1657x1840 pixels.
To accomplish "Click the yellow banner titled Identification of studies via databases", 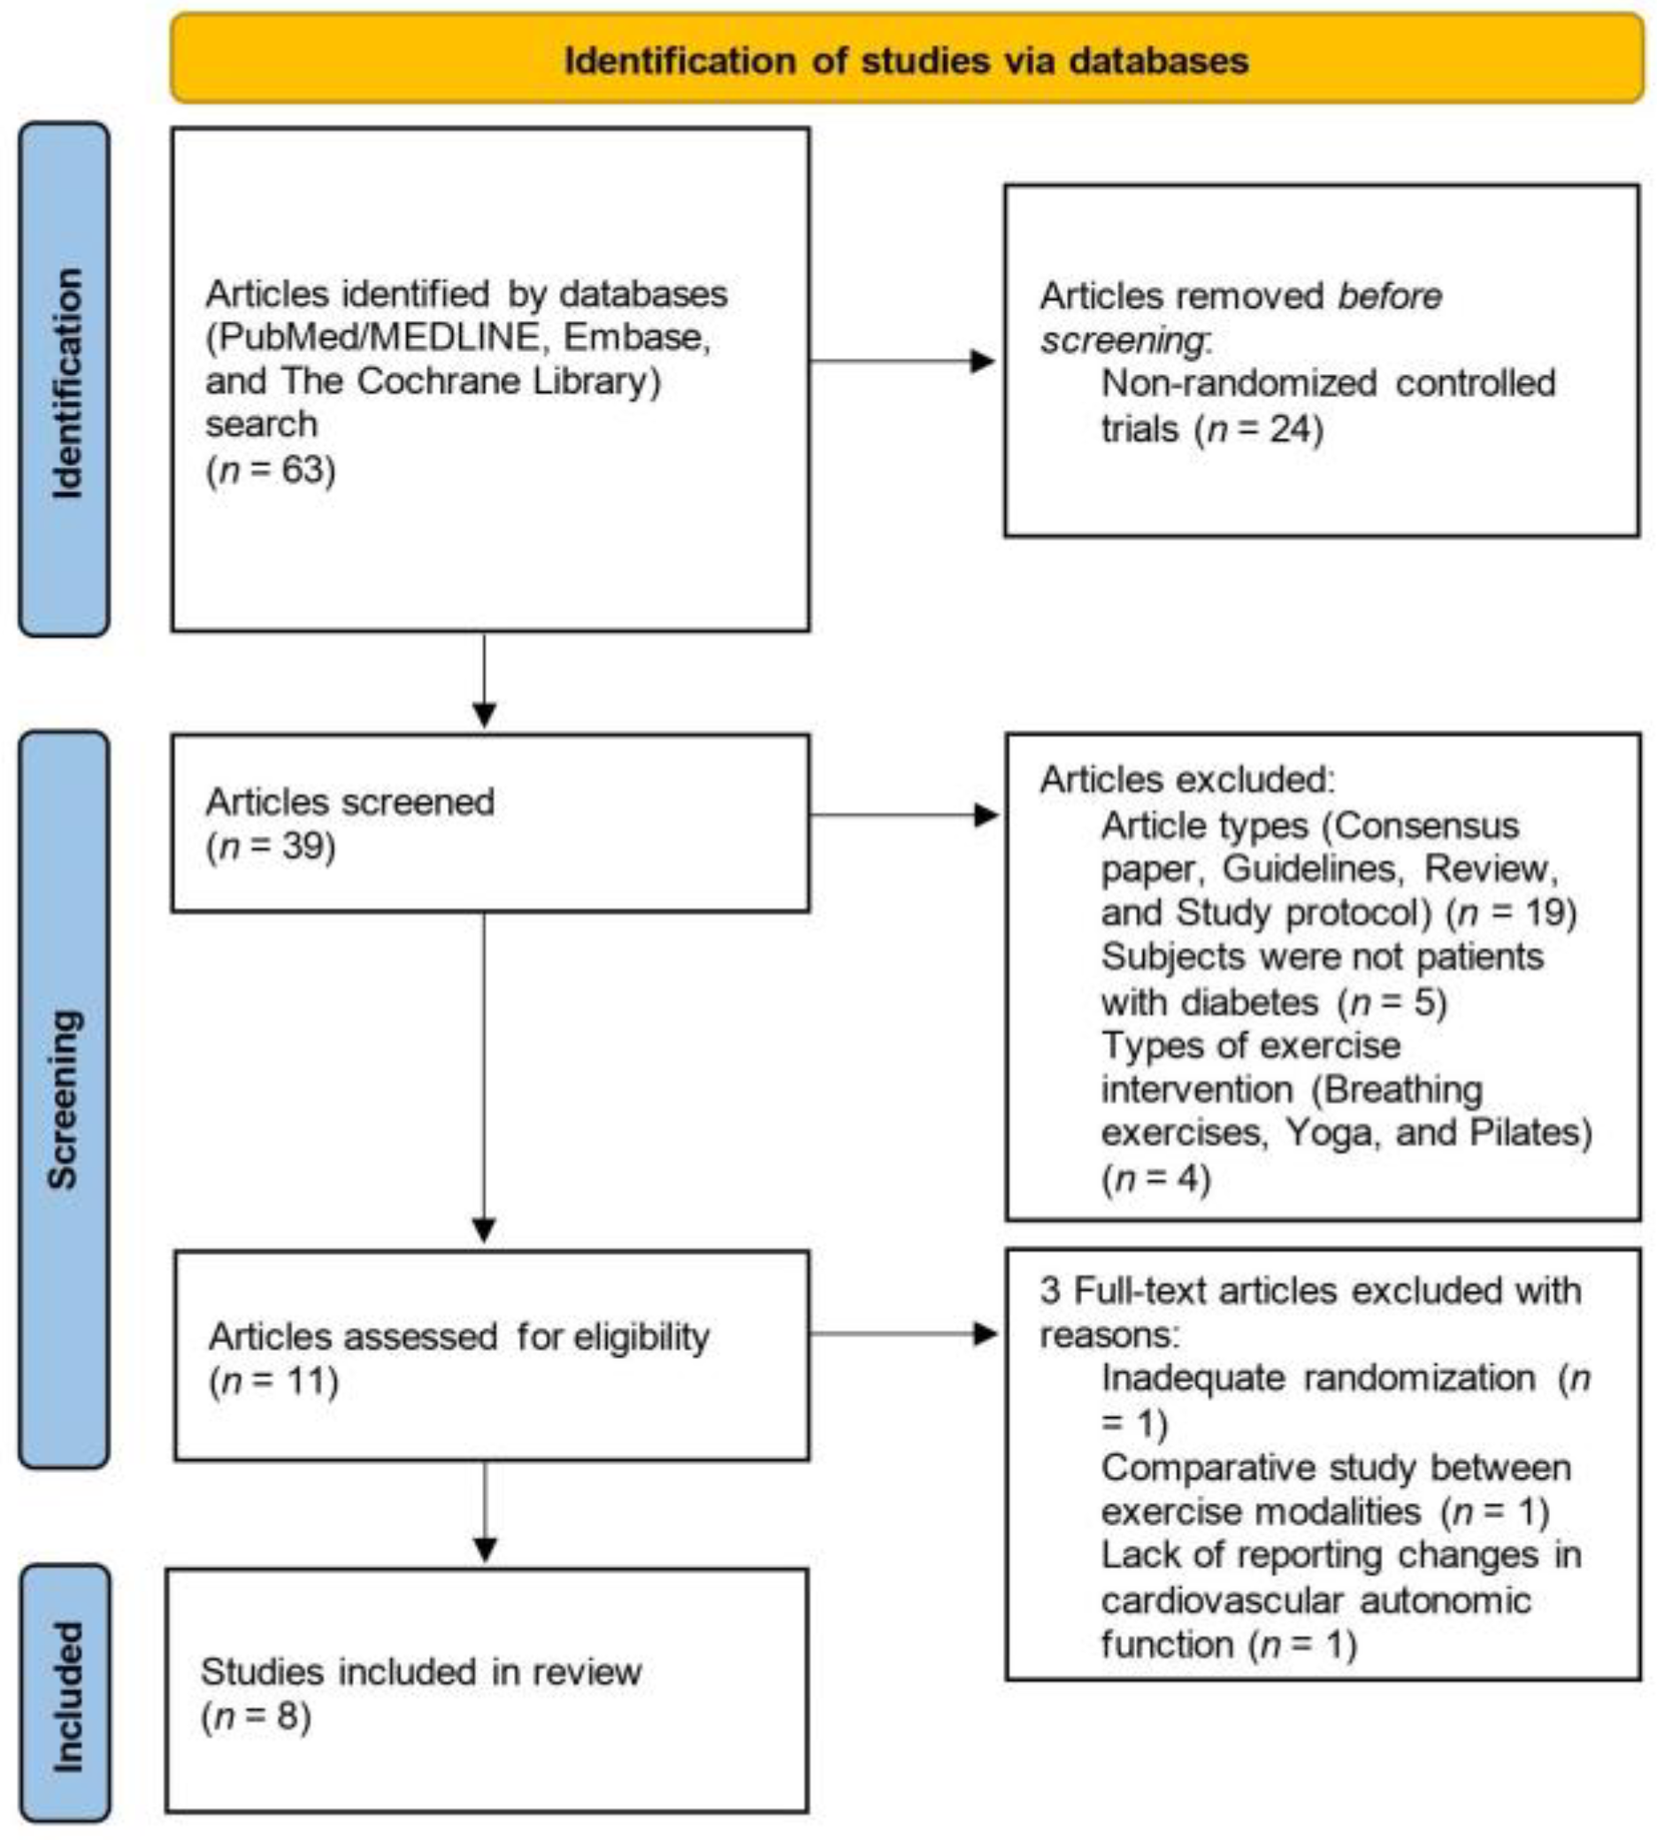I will [906, 60].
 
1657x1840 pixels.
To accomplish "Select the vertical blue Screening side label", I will [64, 1099].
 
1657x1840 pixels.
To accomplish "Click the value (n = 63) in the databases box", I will [271, 470].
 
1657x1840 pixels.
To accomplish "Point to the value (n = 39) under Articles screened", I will [271, 846].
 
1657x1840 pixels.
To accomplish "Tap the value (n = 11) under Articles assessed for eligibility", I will [273, 1381].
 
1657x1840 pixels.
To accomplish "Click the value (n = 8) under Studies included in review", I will [256, 1716].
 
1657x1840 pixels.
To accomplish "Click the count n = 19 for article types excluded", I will [1512, 912].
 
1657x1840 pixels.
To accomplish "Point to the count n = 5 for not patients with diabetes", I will [1393, 1002].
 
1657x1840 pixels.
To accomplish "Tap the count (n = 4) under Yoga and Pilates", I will [1155, 1178].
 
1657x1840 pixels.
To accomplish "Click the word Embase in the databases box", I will [634, 338].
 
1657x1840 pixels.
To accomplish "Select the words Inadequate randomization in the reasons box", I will [1317, 1378].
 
